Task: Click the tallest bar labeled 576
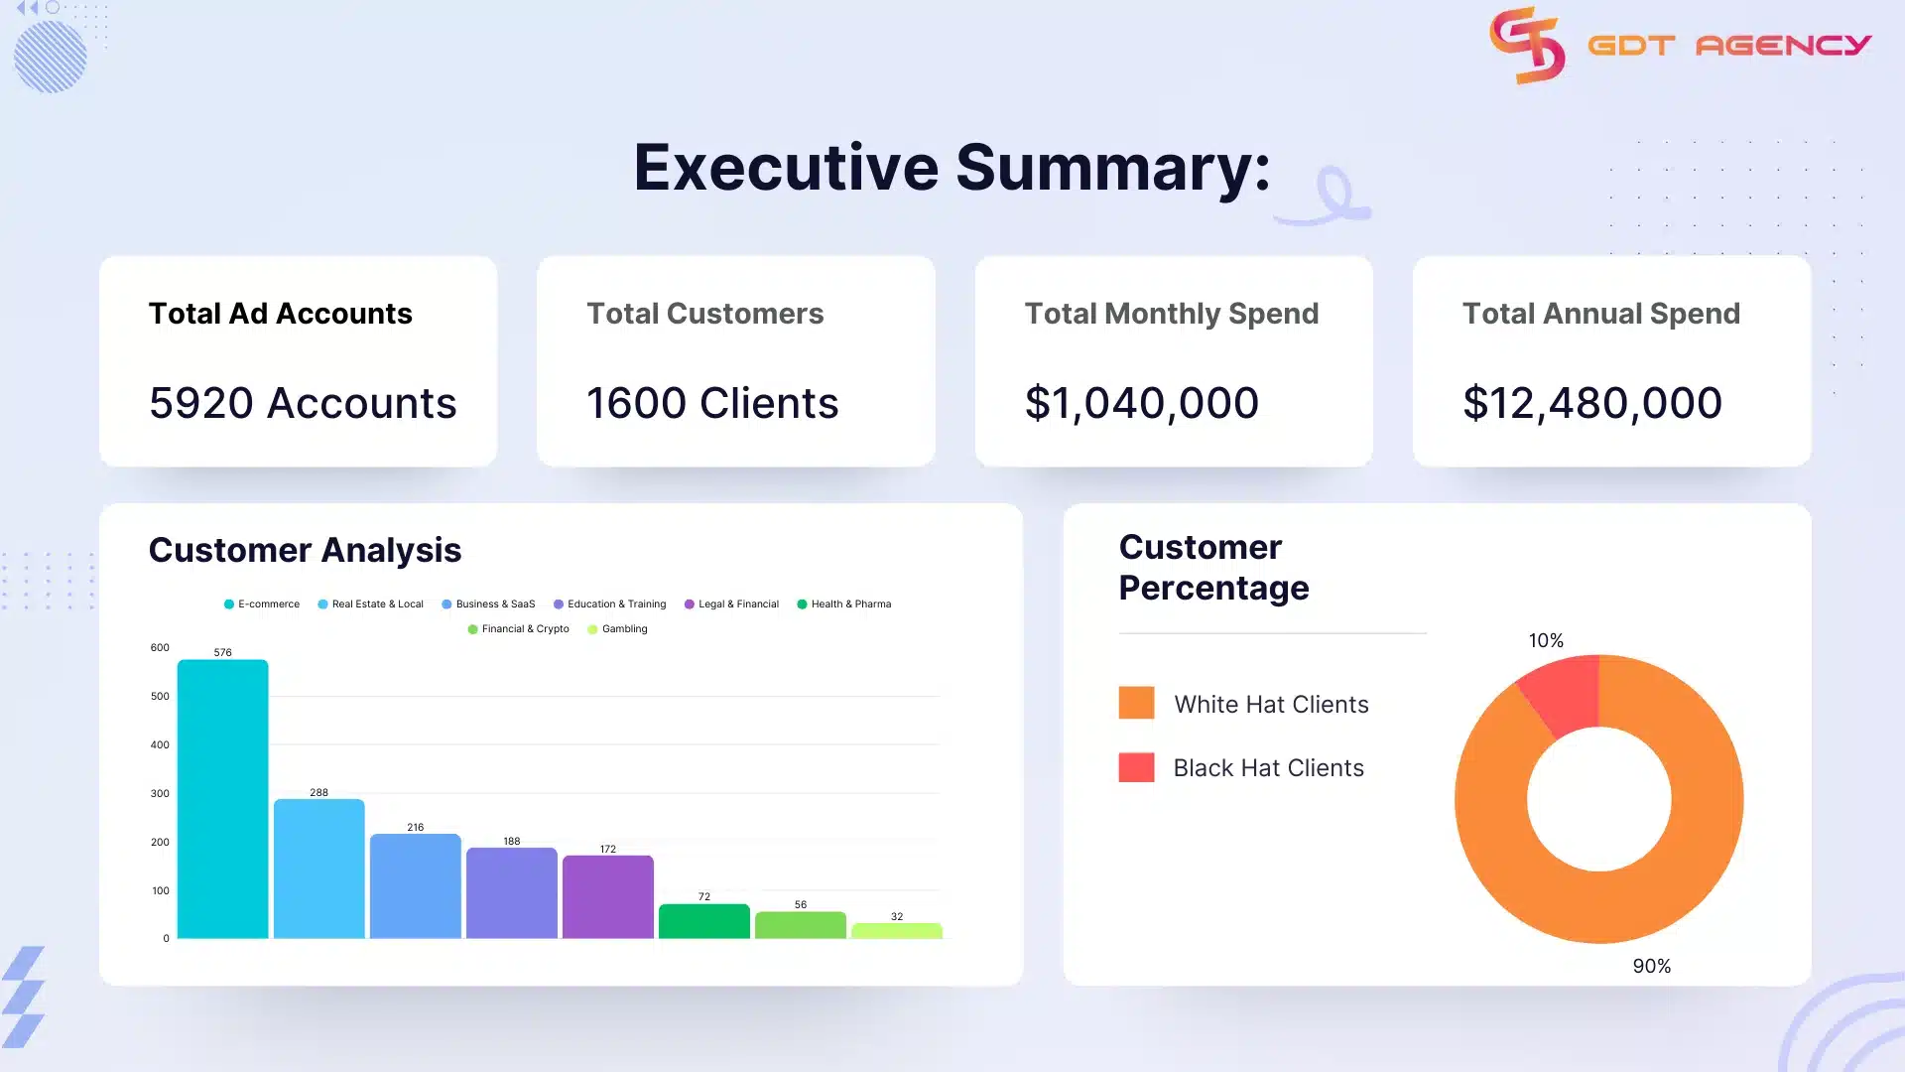[x=222, y=799]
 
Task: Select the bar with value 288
[x=318, y=869]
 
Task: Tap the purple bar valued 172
[x=607, y=896]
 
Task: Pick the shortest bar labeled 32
[x=896, y=931]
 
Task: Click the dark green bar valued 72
[x=703, y=921]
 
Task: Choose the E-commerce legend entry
[x=262, y=603]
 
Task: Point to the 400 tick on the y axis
[x=160, y=744]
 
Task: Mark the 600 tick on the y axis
[x=160, y=647]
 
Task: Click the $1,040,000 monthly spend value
[x=1141, y=403]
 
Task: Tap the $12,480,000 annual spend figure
[x=1591, y=403]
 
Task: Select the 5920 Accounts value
[x=303, y=403]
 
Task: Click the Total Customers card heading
[x=704, y=314]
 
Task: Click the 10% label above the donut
[x=1546, y=641]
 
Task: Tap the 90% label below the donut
[x=1651, y=966]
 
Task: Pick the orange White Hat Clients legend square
[x=1136, y=703]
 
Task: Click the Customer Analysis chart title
[x=305, y=550]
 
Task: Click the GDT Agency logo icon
[x=1526, y=45]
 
